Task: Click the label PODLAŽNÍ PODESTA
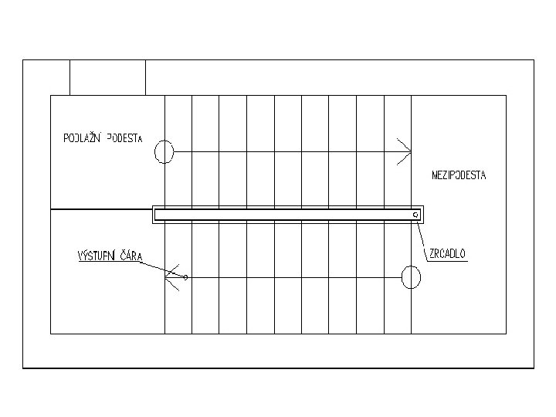click(103, 139)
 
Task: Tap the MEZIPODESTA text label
click(459, 175)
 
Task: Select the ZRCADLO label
click(448, 253)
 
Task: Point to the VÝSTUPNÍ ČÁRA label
click(109, 256)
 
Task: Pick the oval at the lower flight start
click(412, 276)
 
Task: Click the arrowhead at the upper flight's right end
click(403, 151)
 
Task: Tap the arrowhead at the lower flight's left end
click(173, 276)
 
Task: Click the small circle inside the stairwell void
click(415, 214)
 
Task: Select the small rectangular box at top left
click(107, 77)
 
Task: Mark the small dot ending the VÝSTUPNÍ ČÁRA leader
click(185, 276)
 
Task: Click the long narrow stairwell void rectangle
click(286, 215)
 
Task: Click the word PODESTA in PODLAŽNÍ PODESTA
click(125, 139)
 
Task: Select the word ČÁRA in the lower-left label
click(130, 256)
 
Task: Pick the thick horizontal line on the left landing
click(100, 209)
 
